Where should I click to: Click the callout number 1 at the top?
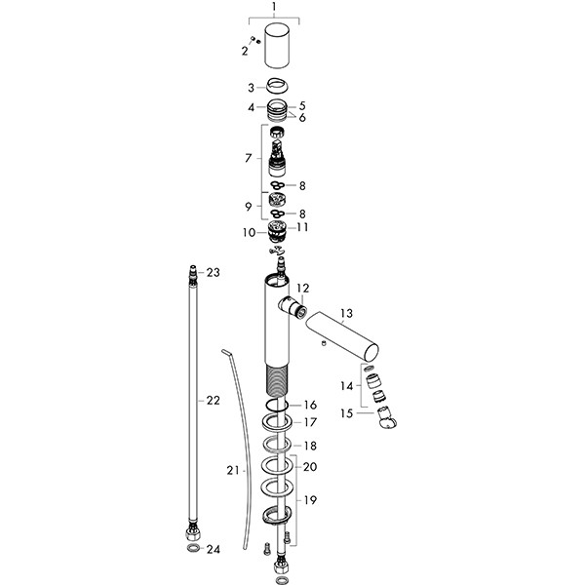[x=274, y=7]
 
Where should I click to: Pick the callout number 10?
[x=249, y=232]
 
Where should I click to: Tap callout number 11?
[x=303, y=227]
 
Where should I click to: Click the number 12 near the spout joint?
[x=302, y=289]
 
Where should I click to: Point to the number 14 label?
[x=346, y=385]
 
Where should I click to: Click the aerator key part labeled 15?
[x=388, y=418]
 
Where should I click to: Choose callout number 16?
[x=310, y=405]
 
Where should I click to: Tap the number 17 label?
[x=310, y=422]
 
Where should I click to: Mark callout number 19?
[x=310, y=500]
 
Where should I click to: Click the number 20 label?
[x=310, y=467]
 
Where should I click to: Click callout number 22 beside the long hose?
[x=213, y=400]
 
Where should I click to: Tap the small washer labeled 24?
[x=195, y=550]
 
